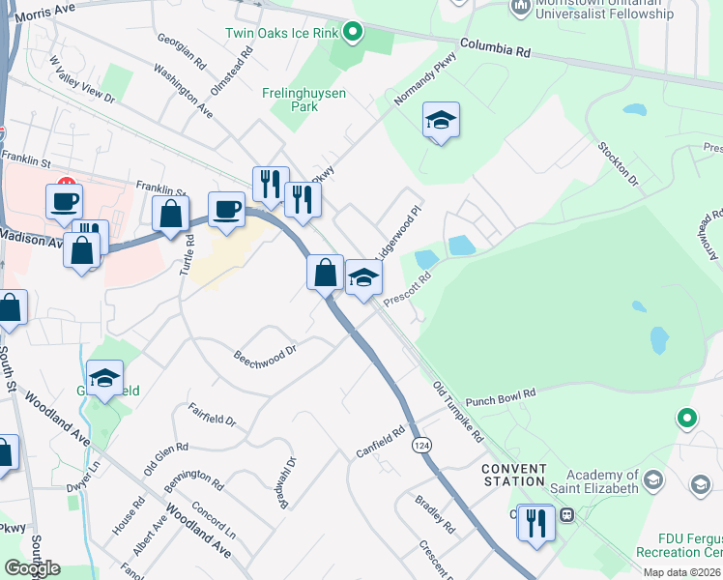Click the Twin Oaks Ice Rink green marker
point(353,32)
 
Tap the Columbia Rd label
point(497,46)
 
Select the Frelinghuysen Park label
point(304,101)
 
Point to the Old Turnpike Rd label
point(458,412)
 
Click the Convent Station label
point(513,475)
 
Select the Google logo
point(32,568)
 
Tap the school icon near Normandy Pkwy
point(441,121)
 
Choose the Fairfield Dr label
point(212,414)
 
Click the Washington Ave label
point(183,91)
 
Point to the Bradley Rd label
point(434,514)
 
